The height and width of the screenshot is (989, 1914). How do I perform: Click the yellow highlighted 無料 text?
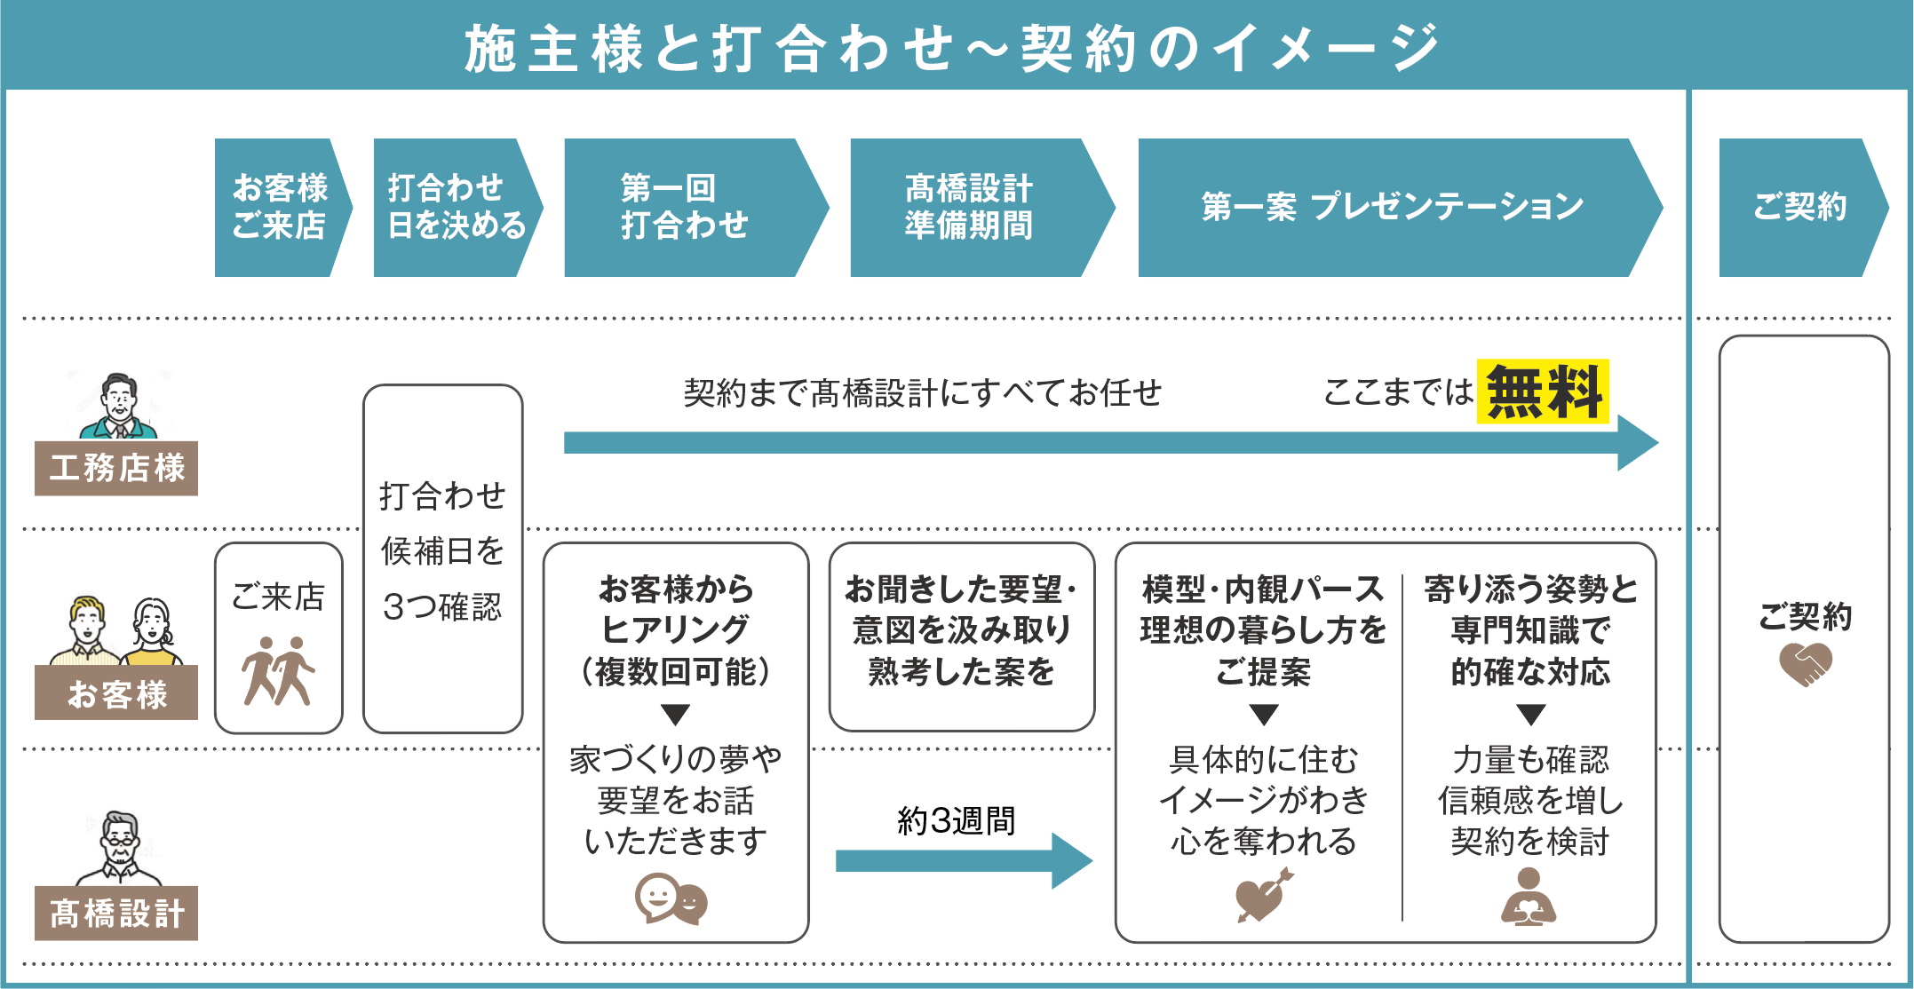tap(1543, 392)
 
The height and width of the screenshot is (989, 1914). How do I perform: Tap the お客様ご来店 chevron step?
tap(280, 207)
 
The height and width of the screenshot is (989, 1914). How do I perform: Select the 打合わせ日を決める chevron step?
tap(454, 207)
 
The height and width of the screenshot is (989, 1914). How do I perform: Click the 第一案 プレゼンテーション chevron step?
tap(1392, 207)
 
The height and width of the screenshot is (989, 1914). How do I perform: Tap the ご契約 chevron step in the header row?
tap(1799, 207)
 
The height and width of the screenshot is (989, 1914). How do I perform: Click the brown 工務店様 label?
tap(116, 468)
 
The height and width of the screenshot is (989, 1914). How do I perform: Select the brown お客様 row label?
tap(116, 693)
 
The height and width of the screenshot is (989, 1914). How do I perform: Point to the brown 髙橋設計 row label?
tap(116, 913)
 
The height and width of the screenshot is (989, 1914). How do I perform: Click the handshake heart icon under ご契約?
tap(1805, 664)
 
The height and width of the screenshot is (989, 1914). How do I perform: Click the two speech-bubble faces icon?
tap(671, 898)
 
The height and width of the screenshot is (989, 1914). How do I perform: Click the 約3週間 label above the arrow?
tap(957, 820)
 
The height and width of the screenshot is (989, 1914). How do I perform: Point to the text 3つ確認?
tap(442, 607)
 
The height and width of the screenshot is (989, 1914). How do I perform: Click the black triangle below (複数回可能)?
tap(676, 715)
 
